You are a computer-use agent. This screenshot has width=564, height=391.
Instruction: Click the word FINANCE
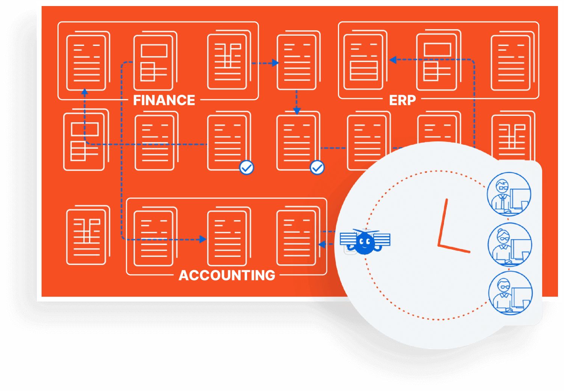pos(164,100)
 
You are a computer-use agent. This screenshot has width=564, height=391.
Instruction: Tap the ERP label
pos(402,100)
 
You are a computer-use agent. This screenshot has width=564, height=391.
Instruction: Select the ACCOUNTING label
pos(227,275)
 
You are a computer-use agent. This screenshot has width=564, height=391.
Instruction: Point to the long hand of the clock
pos(443,222)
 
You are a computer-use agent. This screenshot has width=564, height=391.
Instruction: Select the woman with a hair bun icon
pos(510,245)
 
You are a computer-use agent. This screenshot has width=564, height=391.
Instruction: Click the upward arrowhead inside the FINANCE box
pos(85,91)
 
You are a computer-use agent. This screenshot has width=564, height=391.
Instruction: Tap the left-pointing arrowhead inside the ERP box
pos(393,60)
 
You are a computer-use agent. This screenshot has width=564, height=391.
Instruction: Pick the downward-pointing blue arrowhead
pos(297,111)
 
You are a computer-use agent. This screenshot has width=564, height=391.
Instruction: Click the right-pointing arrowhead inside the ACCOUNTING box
pos(203,239)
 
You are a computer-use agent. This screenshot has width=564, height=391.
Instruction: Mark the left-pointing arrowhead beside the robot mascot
pos(321,245)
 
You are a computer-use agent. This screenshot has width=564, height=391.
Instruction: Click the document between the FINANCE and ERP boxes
pos(297,61)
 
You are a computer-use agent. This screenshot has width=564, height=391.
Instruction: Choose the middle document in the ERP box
pos(437,61)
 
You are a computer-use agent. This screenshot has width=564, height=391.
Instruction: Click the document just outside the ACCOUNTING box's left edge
pos(87,235)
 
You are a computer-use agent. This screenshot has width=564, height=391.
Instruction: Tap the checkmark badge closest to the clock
pos(317,168)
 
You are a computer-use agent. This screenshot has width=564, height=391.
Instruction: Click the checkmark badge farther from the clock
pos(247,168)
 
